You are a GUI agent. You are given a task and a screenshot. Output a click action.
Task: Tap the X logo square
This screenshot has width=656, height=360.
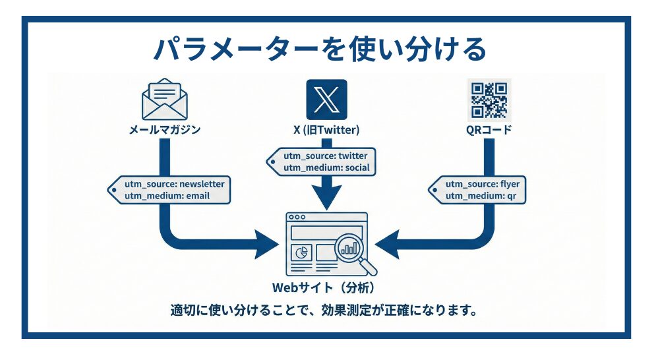326,99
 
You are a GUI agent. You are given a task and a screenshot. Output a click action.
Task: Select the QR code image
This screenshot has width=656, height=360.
489,98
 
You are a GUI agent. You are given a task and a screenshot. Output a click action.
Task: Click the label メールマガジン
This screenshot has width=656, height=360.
164,130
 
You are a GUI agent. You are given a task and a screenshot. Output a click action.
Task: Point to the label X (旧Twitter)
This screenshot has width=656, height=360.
326,130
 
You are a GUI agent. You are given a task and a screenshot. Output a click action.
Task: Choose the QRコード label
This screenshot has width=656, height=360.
489,130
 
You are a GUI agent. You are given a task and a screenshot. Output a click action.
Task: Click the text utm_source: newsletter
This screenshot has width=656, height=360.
175,184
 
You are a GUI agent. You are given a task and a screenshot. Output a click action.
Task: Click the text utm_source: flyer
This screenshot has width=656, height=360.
481,184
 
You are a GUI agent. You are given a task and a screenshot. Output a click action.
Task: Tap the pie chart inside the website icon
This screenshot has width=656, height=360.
301,253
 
